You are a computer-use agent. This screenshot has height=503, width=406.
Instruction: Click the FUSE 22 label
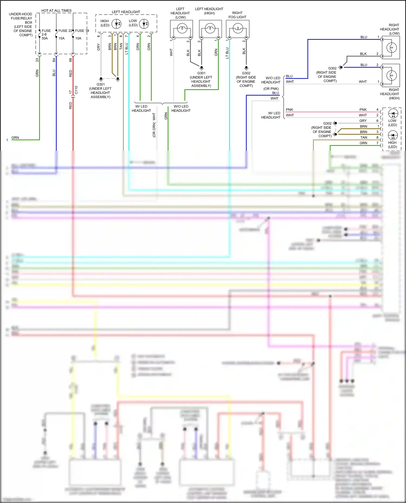click(x=65, y=31)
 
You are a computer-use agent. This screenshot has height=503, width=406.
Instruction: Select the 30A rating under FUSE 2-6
click(x=45, y=38)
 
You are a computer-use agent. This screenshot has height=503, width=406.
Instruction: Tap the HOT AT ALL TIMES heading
click(x=56, y=11)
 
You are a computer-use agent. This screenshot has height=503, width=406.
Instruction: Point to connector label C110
click(x=76, y=90)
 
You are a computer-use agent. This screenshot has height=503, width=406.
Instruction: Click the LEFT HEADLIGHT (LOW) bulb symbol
click(x=182, y=28)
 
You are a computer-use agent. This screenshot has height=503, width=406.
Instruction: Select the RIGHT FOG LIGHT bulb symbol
click(x=238, y=28)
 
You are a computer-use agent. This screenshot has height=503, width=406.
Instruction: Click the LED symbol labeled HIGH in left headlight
click(x=117, y=24)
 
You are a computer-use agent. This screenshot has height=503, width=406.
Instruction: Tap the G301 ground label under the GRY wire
click(x=100, y=84)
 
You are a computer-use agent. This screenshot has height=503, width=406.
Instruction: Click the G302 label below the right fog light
click(x=246, y=73)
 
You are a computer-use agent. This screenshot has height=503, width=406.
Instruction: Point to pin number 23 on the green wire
click(x=37, y=60)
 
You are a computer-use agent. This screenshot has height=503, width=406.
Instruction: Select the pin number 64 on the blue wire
click(x=54, y=60)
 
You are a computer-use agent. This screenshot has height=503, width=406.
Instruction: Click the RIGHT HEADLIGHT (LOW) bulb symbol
click(x=391, y=48)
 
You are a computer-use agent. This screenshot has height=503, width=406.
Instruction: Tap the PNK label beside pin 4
click(x=363, y=110)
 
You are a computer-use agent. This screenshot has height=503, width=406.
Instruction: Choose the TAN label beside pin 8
click(x=364, y=138)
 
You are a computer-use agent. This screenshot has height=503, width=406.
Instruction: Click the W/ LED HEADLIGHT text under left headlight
click(x=141, y=108)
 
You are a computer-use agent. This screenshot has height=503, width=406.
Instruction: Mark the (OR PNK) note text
click(x=271, y=89)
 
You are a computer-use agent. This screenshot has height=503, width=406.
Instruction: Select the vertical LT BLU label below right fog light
click(x=227, y=53)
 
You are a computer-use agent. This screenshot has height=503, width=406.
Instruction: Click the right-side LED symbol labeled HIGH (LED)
click(x=393, y=135)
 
